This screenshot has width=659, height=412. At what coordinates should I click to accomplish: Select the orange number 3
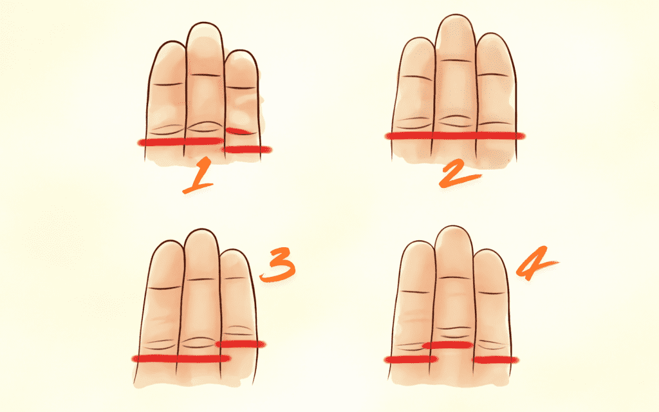[277, 265]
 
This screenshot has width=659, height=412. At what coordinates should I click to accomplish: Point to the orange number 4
[535, 263]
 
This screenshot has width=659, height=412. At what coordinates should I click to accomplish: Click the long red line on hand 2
[455, 135]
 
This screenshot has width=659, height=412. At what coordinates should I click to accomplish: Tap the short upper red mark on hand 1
[239, 131]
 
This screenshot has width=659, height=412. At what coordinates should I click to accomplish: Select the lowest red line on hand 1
[247, 149]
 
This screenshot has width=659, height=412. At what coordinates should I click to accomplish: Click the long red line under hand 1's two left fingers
[181, 142]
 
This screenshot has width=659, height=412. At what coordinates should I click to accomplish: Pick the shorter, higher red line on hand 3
[241, 344]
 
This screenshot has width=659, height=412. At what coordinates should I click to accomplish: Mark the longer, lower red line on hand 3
[181, 359]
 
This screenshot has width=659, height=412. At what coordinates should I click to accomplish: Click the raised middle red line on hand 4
[448, 345]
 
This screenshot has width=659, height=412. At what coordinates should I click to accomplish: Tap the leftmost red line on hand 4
[411, 359]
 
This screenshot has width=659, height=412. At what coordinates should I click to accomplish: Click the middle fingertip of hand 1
[204, 24]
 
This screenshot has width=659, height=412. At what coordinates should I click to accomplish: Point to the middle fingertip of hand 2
[456, 15]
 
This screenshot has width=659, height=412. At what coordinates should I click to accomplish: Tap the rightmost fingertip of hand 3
[234, 251]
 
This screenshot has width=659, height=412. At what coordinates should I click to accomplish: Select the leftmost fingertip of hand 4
[417, 243]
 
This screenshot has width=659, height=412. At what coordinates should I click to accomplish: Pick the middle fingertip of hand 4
[454, 227]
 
